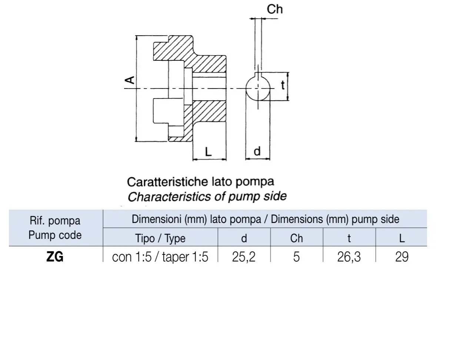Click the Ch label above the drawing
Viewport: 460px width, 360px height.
pyautogui.click(x=274, y=9)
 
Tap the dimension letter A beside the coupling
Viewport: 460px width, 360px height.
pyautogui.click(x=130, y=80)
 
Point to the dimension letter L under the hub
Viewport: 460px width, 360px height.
pyautogui.click(x=208, y=152)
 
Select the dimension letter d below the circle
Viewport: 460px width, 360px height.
pyautogui.click(x=257, y=151)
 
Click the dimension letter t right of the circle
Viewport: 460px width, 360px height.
pyautogui.click(x=283, y=85)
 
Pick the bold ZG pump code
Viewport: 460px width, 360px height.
pyautogui.click(x=55, y=257)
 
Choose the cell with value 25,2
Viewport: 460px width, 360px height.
pyautogui.click(x=244, y=257)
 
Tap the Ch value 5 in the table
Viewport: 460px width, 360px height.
pyautogui.click(x=296, y=257)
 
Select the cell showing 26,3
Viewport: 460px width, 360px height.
pyautogui.click(x=349, y=257)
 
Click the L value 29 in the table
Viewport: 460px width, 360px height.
pyautogui.click(x=402, y=257)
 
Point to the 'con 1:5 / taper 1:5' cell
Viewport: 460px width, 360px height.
pyautogui.click(x=160, y=257)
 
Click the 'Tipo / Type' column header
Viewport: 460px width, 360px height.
pyautogui.click(x=160, y=238)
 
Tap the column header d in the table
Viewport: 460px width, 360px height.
pyautogui.click(x=244, y=238)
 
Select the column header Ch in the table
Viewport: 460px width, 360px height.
pyautogui.click(x=296, y=238)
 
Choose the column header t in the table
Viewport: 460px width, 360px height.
pyautogui.click(x=349, y=238)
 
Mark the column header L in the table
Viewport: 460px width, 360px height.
pyautogui.click(x=402, y=238)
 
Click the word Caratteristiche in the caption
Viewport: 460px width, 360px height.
pyautogui.click(x=168, y=182)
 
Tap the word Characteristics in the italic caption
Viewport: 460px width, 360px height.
pyautogui.click(x=170, y=197)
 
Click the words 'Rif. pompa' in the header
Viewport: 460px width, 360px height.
pyautogui.click(x=55, y=221)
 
